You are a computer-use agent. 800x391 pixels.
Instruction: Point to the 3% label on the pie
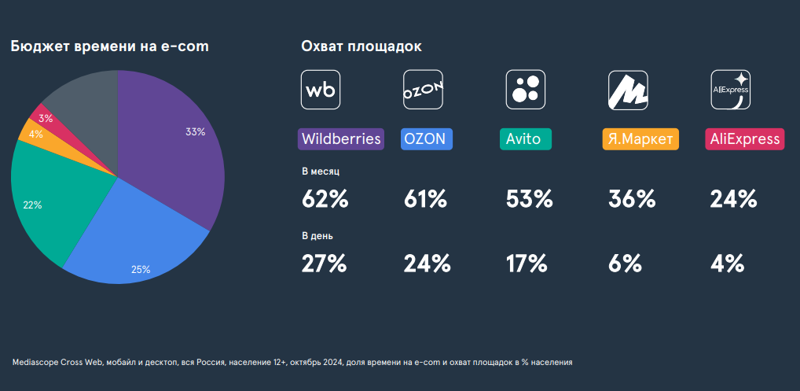46,119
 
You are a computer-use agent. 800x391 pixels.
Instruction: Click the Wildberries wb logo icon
321,90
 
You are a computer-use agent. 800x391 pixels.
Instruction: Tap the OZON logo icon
424,90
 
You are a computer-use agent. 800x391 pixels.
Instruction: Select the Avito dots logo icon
526,90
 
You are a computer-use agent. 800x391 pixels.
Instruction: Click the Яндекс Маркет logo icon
628,90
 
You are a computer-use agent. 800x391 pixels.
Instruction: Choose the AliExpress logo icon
730,90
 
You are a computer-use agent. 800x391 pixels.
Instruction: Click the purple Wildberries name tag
341,139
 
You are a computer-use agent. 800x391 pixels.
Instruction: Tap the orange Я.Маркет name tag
640,139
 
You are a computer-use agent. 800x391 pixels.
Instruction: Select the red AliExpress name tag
745,139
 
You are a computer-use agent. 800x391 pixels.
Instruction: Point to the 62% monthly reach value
325,199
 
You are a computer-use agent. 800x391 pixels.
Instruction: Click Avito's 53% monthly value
530,199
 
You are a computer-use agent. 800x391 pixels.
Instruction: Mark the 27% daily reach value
324,264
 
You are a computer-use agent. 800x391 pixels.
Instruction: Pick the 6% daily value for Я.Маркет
626,264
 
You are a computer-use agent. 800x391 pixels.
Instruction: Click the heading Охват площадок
361,46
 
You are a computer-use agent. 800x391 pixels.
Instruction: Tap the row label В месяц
321,171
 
